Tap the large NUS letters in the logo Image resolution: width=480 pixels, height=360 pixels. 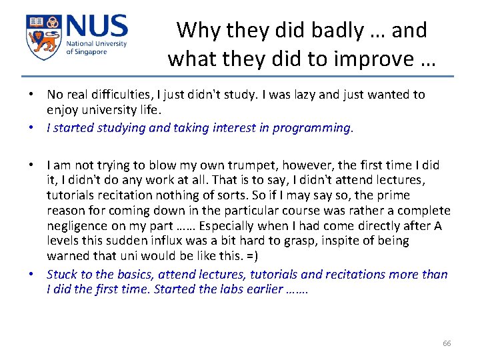(96, 28)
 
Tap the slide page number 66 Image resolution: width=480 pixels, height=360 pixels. (447, 343)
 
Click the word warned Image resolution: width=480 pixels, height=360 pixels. (66, 256)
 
